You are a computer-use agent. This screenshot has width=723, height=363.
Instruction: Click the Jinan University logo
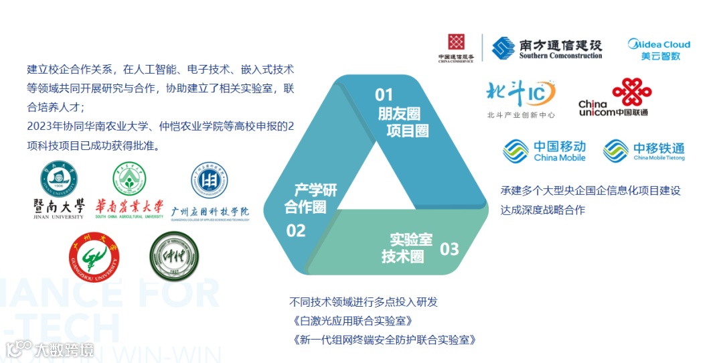(x=59, y=190)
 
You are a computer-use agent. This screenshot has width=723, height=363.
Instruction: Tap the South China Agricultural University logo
(x=129, y=190)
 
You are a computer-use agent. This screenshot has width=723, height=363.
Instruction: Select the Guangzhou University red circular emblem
(x=94, y=257)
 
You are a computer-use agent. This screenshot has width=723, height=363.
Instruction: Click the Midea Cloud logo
(x=658, y=50)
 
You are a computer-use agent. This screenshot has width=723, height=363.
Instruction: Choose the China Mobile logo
(x=544, y=151)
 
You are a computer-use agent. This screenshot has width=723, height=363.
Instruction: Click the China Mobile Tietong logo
(x=643, y=151)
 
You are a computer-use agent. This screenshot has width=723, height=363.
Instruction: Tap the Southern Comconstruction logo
(x=546, y=48)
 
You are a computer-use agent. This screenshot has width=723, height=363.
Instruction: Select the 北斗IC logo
(x=521, y=99)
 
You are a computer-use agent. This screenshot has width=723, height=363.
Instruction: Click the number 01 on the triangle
(x=384, y=94)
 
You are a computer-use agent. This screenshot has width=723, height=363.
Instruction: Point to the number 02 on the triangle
(x=296, y=231)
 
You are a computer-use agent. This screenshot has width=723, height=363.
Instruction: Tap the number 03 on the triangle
(x=449, y=250)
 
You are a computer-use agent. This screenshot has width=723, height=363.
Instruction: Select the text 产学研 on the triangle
(x=315, y=190)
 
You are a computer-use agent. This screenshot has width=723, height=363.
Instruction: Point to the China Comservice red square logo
(x=456, y=48)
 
